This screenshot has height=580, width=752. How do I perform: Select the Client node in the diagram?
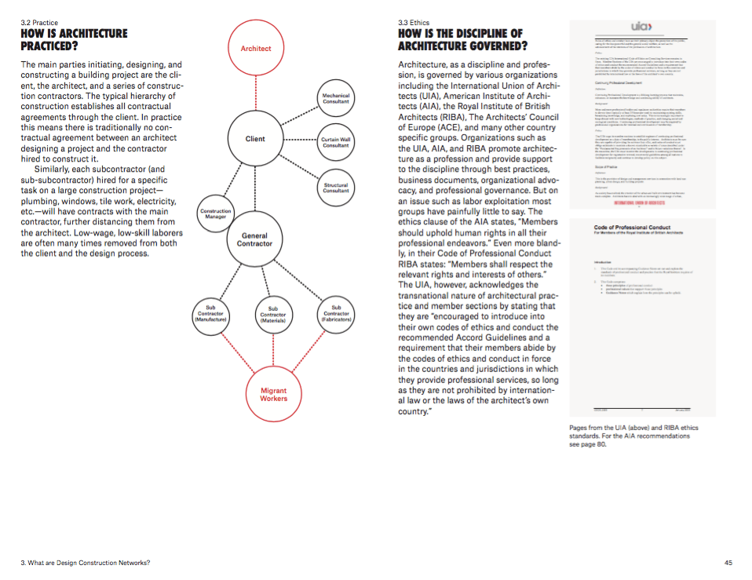click(255, 139)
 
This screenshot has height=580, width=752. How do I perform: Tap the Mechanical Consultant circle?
click(336, 98)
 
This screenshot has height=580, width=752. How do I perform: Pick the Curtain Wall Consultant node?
click(336, 142)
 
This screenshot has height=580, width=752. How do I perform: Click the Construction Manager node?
click(216, 213)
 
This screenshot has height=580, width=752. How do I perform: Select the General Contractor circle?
click(254, 239)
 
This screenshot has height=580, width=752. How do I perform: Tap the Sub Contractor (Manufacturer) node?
click(210, 315)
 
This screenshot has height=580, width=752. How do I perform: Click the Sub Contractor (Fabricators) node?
click(336, 314)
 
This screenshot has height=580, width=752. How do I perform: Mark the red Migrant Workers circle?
click(273, 394)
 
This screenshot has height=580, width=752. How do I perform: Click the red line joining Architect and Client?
click(256, 93)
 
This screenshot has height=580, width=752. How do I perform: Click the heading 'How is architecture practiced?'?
click(74, 40)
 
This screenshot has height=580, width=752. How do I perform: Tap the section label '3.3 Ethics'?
click(414, 24)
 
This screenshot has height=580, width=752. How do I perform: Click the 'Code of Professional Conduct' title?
click(634, 228)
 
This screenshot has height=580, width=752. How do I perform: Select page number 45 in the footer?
click(728, 563)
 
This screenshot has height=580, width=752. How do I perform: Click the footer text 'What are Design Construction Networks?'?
click(86, 563)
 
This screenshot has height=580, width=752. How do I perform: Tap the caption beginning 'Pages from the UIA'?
click(633, 436)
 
